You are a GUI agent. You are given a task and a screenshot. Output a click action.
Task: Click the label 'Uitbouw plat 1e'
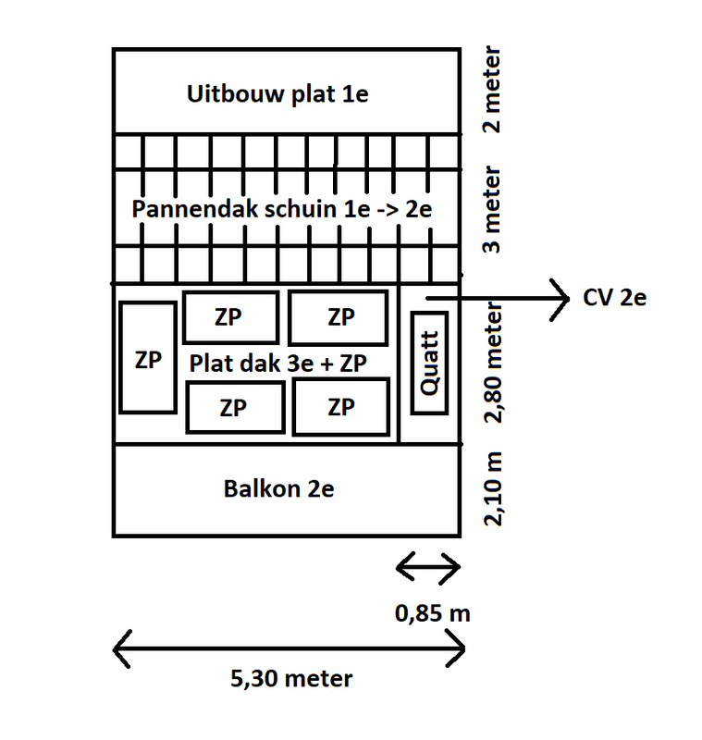tap(277, 94)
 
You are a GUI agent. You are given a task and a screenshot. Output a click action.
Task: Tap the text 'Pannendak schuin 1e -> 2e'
tap(282, 209)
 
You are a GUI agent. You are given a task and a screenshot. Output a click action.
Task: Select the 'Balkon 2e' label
tap(278, 489)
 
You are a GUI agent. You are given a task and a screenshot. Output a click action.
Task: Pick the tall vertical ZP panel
tap(147, 358)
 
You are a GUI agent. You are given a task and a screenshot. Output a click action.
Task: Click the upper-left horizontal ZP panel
tap(230, 317)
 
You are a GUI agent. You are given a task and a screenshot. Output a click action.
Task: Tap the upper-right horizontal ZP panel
tap(339, 317)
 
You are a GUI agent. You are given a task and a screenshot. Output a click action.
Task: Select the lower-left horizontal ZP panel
tap(234, 407)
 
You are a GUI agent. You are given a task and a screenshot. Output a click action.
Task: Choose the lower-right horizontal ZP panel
tap(340, 407)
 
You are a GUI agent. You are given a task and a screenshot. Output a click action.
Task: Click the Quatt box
tap(429, 364)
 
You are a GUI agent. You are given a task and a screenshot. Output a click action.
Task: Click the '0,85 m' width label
tap(427, 613)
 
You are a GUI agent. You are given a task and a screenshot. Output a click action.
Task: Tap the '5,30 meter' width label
tap(290, 678)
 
